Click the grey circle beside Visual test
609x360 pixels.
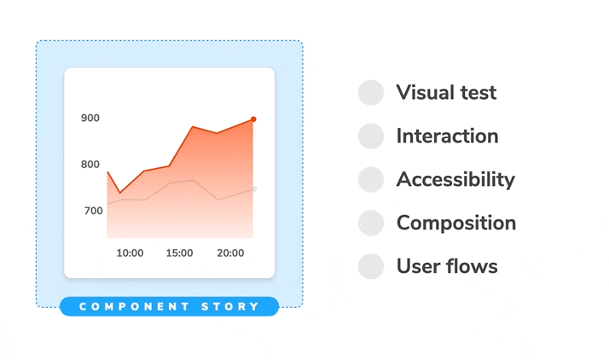[x=371, y=93]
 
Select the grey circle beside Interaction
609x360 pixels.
[x=371, y=136]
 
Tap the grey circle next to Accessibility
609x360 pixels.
[x=371, y=180]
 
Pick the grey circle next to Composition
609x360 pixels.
[x=371, y=224]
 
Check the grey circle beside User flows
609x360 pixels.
[x=371, y=266]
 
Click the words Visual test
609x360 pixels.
[x=446, y=93]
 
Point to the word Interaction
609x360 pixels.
[x=447, y=136]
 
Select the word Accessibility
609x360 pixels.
[x=455, y=180]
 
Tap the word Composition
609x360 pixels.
[x=456, y=224]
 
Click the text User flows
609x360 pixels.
[x=447, y=266]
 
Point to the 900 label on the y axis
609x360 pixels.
[x=90, y=119]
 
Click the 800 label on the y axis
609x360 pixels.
[x=90, y=165]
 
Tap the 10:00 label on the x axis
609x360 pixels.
[x=130, y=253]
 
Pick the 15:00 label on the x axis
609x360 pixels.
[x=179, y=253]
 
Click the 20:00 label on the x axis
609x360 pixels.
[x=230, y=253]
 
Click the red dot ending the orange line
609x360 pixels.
[x=253, y=119]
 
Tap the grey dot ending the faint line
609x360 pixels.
[x=254, y=189]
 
